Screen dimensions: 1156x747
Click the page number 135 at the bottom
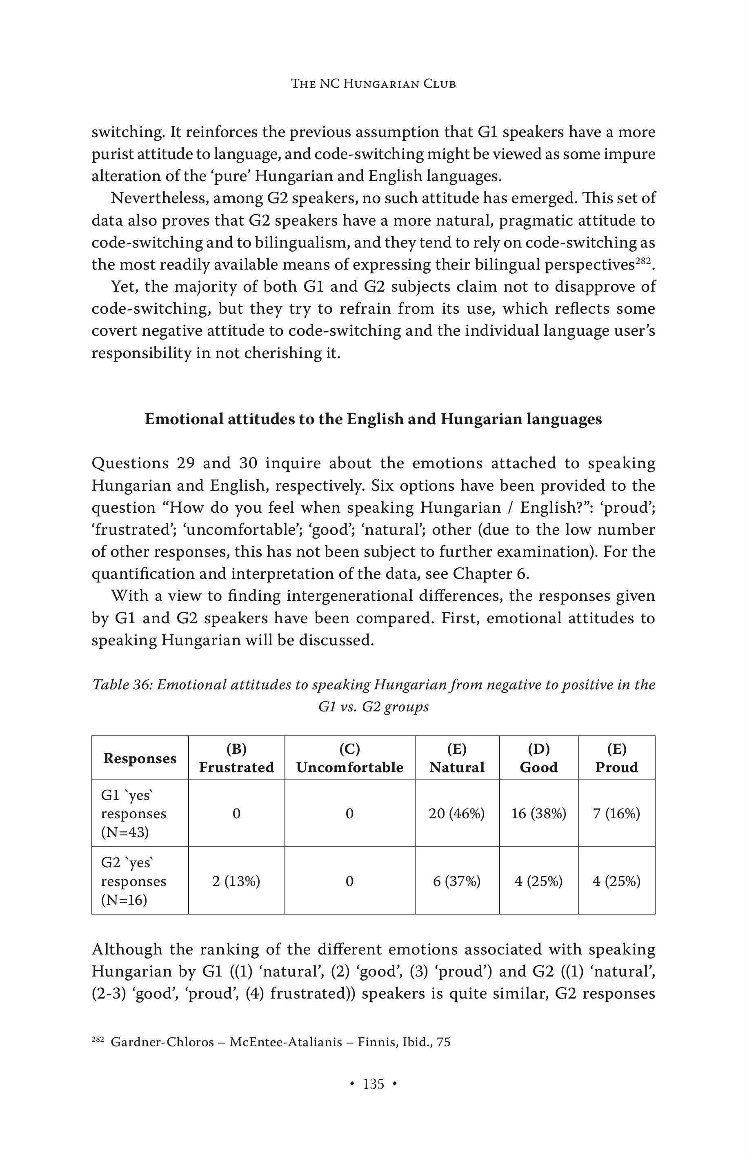(x=373, y=1084)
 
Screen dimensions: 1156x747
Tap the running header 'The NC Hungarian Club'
(x=373, y=84)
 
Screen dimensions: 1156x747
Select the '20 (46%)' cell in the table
(x=456, y=813)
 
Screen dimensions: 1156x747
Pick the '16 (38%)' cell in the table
(x=538, y=813)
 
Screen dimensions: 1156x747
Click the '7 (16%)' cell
(x=616, y=813)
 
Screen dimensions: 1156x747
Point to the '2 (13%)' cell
(x=236, y=881)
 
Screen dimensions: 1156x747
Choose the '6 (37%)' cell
(x=456, y=881)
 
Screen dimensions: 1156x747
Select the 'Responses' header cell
(x=140, y=758)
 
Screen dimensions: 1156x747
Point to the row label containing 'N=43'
(x=133, y=814)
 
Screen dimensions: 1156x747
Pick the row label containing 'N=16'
(x=133, y=881)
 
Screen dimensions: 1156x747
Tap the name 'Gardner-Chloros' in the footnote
(x=162, y=1042)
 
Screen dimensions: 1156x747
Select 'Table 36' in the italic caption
(x=121, y=684)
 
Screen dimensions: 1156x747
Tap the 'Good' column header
(x=538, y=767)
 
